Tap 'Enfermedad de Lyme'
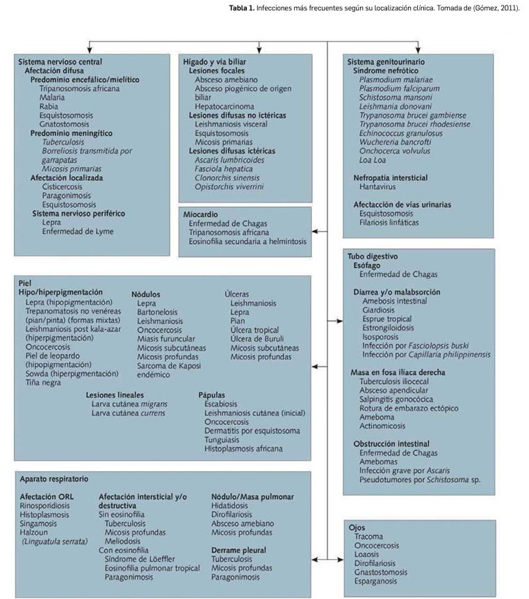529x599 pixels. coord(77,231)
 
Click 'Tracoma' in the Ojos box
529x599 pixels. coord(368,536)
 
